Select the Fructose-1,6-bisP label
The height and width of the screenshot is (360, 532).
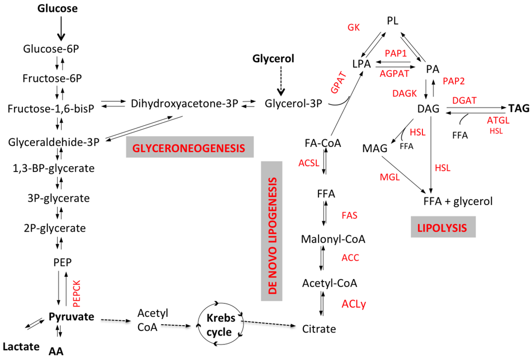coord(50,109)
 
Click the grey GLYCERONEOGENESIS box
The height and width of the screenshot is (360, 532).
coord(189,148)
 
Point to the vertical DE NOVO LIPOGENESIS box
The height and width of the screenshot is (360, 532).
coord(271,230)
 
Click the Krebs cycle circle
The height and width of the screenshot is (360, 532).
coord(219,325)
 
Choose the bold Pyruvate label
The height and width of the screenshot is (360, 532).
coord(71,316)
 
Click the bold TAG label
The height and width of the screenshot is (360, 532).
coord(519,109)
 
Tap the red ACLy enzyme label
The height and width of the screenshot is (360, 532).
coord(354,303)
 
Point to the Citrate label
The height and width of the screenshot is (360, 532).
coord(319,328)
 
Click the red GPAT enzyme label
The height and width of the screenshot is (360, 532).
coord(338,82)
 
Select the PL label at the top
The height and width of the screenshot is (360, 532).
coord(393,21)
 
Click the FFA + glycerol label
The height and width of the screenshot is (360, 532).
coord(458,201)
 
